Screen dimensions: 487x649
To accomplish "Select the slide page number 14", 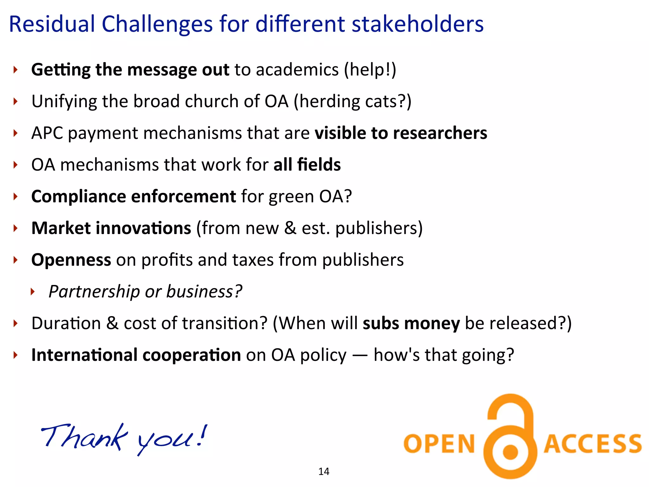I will pyautogui.click(x=324, y=471).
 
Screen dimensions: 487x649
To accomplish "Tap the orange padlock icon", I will pyautogui.click(x=510, y=438).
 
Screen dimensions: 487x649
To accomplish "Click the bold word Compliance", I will pyautogui.click(x=78, y=197).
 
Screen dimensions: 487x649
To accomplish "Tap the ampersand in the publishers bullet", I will pyautogui.click(x=290, y=228).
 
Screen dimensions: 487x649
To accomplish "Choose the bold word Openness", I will pyautogui.click(x=71, y=260).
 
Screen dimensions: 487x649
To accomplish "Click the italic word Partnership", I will pyautogui.click(x=94, y=292).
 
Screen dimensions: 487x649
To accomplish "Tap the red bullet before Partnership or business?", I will pyautogui.click(x=32, y=291).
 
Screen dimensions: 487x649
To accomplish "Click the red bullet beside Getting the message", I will pyautogui.click(x=15, y=69).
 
